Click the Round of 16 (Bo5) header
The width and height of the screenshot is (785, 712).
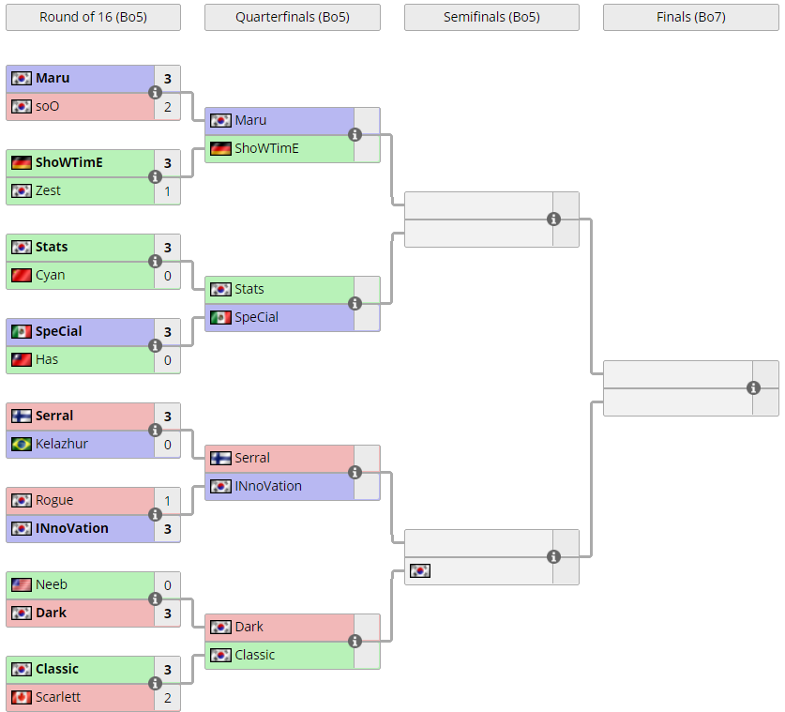[x=93, y=17]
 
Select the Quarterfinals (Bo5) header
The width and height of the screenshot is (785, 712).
[x=293, y=17]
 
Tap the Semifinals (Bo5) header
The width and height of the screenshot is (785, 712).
[x=491, y=17]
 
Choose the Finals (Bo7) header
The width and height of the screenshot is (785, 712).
[x=690, y=17]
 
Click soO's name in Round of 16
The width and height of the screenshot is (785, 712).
[x=47, y=106]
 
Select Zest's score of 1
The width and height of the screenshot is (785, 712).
[x=168, y=190]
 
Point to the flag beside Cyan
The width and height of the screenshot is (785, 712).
[x=22, y=275]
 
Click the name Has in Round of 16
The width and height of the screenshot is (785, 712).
[x=47, y=359]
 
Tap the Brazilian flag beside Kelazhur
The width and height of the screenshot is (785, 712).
[x=22, y=444]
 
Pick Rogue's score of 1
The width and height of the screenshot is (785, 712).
[x=168, y=500]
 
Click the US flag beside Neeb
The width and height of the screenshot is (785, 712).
[x=22, y=584]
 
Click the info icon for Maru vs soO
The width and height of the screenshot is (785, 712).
[x=156, y=92]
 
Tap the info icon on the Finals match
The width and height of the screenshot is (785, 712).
[x=753, y=387]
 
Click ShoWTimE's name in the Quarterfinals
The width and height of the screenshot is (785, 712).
[x=266, y=148]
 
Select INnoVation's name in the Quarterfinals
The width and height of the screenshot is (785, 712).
[x=268, y=486]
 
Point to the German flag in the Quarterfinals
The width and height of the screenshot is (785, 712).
[x=220, y=148]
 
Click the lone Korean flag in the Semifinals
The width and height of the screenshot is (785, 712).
[x=420, y=570]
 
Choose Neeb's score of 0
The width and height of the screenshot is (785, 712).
[x=168, y=584]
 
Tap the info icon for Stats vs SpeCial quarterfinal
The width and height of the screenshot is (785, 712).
[x=355, y=303]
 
